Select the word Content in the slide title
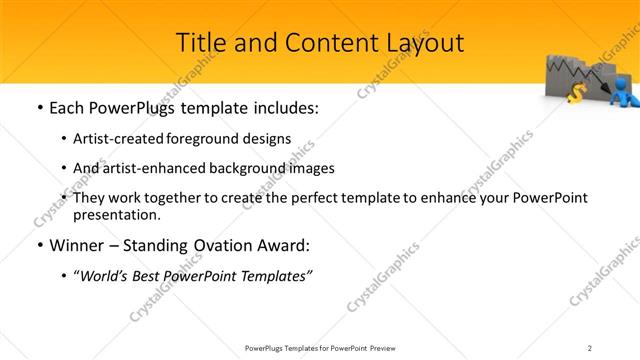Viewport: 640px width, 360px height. [x=328, y=43]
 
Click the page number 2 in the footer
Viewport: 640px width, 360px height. [x=590, y=347]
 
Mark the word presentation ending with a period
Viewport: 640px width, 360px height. [x=116, y=214]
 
